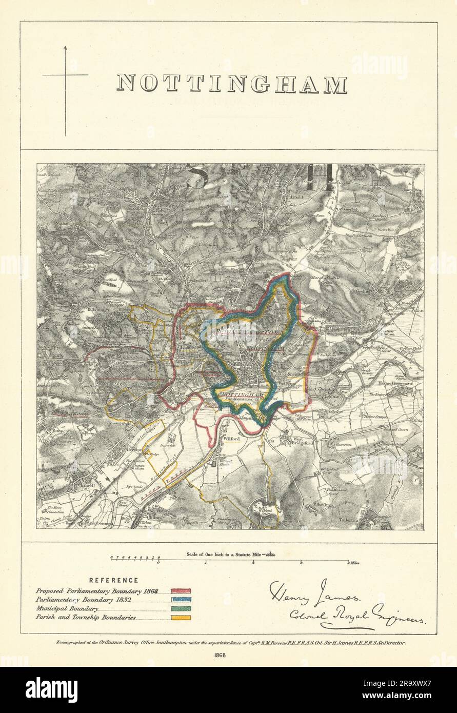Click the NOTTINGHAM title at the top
[x=232, y=84]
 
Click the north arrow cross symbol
[x=65, y=75]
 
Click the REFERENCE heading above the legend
[x=113, y=580]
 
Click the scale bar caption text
[x=229, y=554]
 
